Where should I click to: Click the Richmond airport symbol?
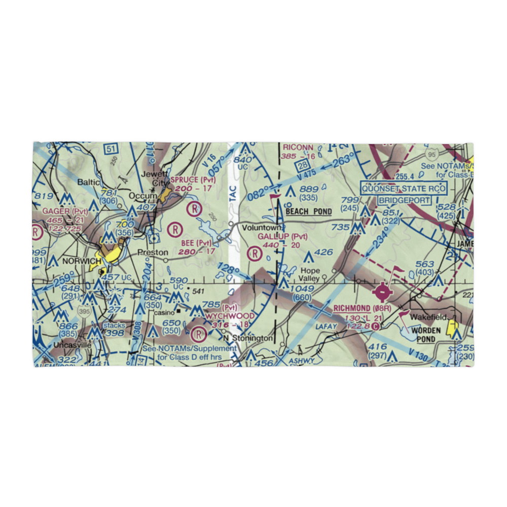pos(383,293)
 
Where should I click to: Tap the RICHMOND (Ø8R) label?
pos(358,308)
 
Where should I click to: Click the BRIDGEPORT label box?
pos(404,200)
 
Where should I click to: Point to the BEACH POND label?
pos(308,211)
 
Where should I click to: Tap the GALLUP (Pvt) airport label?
pos(282,237)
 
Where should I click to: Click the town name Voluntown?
pos(260,228)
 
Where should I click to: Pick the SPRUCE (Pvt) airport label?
pos(193,180)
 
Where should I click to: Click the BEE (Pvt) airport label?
pos(196,243)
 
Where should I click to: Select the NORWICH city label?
pos(82,261)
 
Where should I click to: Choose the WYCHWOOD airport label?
pos(231,316)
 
